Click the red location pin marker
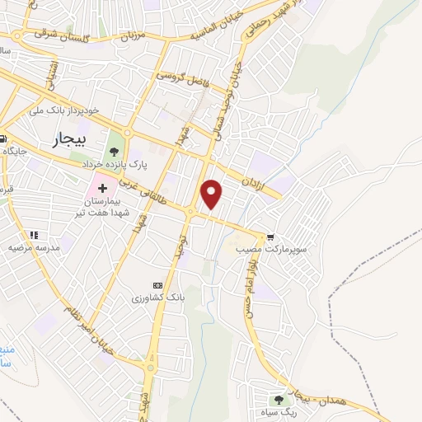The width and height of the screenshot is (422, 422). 213,194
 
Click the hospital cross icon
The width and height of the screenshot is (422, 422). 101,188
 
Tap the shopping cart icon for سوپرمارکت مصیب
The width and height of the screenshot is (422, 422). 270,236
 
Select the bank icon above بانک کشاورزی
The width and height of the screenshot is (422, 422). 158,284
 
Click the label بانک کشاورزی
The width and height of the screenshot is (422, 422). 156,296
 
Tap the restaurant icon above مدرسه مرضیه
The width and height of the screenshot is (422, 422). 35,235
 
